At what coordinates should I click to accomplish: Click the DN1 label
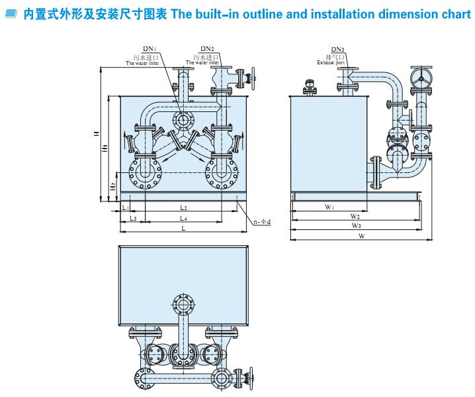150,48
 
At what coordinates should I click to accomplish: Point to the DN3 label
337,49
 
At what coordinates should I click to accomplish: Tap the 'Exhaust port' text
337,64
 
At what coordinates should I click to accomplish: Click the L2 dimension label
183,208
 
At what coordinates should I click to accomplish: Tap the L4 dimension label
183,218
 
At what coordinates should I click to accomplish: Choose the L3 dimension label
132,218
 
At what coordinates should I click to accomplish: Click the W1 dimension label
328,207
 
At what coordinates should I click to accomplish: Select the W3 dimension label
355,226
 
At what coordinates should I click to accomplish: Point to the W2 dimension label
355,217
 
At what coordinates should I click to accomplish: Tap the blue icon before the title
11,13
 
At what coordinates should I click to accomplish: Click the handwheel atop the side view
418,78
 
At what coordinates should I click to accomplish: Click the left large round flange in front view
144,174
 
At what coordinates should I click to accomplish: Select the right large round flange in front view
220,174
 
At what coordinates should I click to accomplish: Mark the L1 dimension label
126,208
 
